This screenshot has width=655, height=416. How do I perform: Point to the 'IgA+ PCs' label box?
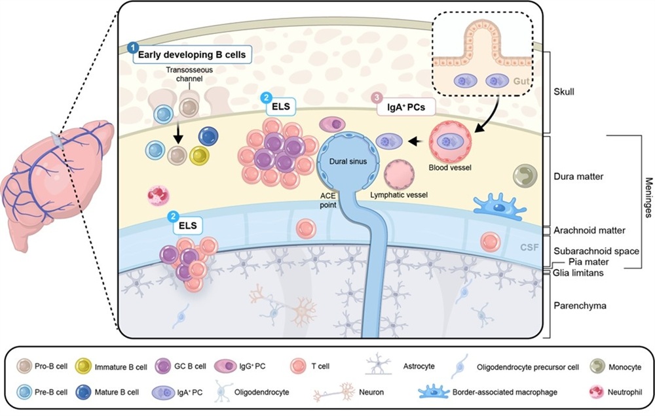coord(406,107)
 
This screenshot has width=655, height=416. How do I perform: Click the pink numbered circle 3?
coord(378,97)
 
